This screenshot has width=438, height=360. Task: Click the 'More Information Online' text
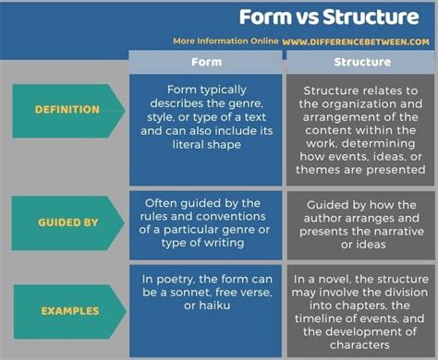(224, 42)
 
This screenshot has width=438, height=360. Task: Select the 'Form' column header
(205, 63)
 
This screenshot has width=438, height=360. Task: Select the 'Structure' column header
(359, 63)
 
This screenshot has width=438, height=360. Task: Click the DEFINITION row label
(67, 110)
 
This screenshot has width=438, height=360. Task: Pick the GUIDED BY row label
(67, 222)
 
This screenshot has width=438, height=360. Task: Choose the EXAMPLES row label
(69, 310)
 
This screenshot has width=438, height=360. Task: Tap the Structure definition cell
(359, 130)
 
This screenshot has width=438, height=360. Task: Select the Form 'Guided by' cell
(205, 222)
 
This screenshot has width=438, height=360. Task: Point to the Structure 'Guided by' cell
(359, 222)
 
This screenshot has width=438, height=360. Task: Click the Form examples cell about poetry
(205, 292)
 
